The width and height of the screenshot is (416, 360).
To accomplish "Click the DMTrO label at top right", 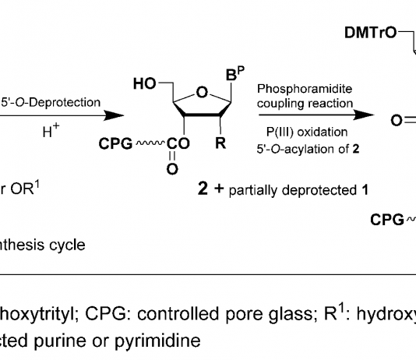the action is coord(371,33).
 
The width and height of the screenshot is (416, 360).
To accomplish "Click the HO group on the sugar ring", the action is coord(145,83).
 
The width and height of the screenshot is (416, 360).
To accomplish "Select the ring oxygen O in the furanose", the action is coord(203,92).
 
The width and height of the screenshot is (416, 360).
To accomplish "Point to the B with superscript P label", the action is coord(235,73).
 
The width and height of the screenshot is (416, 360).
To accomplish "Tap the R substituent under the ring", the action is coord(220,143).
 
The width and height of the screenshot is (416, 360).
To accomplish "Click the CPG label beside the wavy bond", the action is coord(115,144).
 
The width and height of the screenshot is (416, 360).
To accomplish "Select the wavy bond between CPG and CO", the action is coord(150,143).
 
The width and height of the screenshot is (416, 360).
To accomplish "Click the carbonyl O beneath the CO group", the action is coord(172,169).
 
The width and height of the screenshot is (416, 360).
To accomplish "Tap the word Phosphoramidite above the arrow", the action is coord(305,89).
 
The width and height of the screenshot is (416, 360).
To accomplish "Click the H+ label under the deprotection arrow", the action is coord(51,130).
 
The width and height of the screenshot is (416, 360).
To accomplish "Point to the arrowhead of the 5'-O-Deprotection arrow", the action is coord(114,115).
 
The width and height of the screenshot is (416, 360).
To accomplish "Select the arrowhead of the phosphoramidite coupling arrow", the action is coord(364,115).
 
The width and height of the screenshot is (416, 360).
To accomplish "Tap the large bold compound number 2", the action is coord(203,189).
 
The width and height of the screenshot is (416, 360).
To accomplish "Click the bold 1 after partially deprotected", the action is coord(365,190).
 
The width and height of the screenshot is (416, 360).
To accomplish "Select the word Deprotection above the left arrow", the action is coord(65,102).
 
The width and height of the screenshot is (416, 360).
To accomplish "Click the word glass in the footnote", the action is coord(291,314).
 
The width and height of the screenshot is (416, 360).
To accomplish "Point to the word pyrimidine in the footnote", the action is coord(157,341).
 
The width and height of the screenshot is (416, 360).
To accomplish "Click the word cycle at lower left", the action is coord(67,245).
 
